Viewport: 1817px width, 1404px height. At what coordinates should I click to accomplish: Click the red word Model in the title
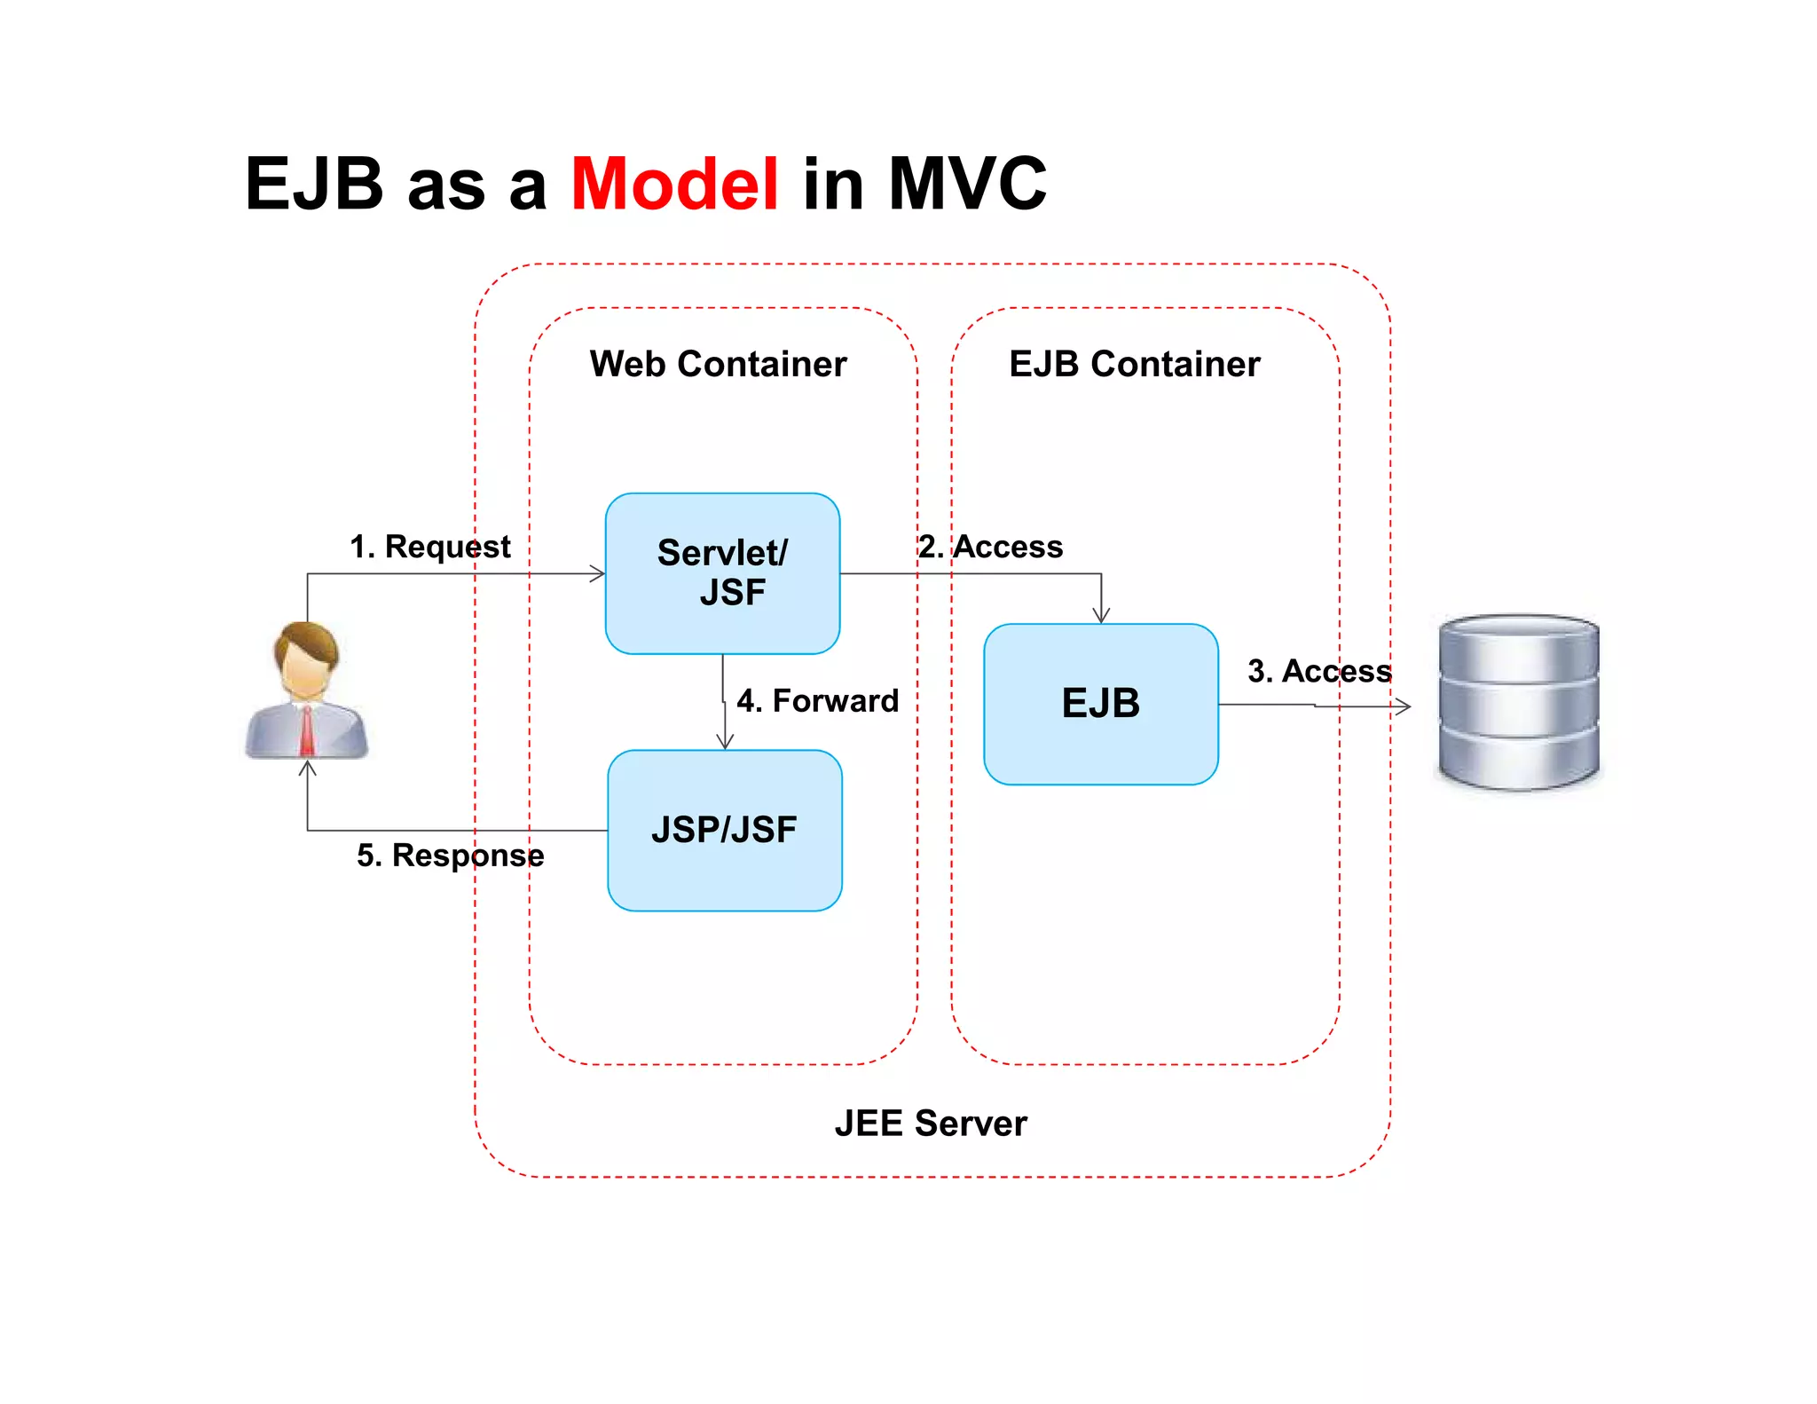[674, 184]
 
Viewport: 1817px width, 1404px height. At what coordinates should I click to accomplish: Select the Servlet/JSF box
[722, 573]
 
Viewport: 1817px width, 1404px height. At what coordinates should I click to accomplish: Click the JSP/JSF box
[724, 830]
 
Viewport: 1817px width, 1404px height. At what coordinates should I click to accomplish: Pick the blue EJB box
[1100, 704]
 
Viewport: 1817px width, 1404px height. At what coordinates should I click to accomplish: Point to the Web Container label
[718, 364]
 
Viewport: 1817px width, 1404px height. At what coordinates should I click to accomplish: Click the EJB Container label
[1134, 364]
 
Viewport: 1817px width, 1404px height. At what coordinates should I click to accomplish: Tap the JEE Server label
[931, 1123]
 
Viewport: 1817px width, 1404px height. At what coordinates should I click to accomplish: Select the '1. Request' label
[430, 547]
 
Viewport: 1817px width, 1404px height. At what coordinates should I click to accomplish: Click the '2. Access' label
[990, 547]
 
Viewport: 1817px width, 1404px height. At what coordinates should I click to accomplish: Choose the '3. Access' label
[1319, 671]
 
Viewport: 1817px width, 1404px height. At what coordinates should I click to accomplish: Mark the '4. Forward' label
[817, 700]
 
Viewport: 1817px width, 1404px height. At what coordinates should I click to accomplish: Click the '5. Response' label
[450, 855]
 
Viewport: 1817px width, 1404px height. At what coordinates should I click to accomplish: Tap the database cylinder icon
[1518, 701]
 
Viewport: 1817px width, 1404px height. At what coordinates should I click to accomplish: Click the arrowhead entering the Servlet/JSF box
[599, 574]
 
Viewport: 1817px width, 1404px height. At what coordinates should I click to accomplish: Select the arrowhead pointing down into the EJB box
[1101, 616]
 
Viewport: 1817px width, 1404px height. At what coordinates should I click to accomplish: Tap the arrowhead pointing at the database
[1403, 706]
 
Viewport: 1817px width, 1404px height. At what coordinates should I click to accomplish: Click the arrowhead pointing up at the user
[308, 768]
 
